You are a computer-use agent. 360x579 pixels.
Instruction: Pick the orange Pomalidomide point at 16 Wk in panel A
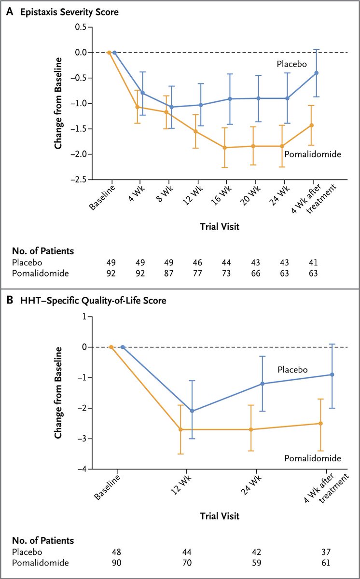pyautogui.click(x=224, y=148)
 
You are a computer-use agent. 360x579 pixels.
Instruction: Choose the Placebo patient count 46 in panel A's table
pyautogui.click(x=199, y=262)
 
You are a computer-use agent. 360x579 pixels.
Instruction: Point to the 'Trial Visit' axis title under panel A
pyautogui.click(x=220, y=225)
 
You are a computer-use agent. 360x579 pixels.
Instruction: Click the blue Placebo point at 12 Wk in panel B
pyautogui.click(x=192, y=411)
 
